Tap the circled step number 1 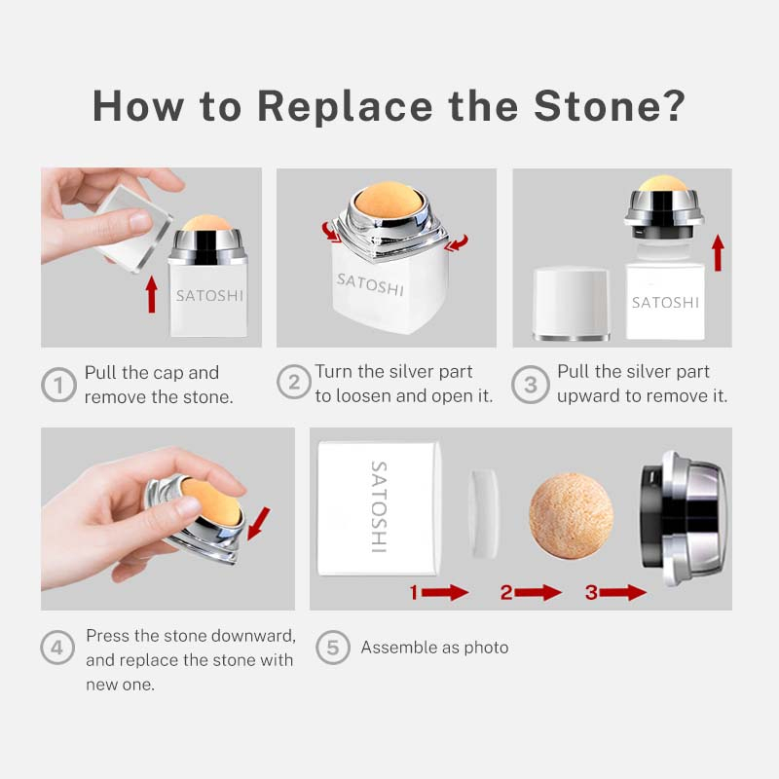point(58,385)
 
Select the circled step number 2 point(294,382)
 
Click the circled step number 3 point(530,384)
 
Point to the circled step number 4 point(57,647)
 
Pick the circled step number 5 point(333,647)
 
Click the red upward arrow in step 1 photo point(152,294)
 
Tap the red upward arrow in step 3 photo point(718,253)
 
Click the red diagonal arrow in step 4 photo point(258,523)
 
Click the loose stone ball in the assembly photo point(571,516)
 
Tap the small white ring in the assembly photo point(484,514)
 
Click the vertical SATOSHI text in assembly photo point(380,506)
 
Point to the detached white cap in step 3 point(572,304)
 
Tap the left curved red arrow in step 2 point(331,233)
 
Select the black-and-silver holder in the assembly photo point(684,518)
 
